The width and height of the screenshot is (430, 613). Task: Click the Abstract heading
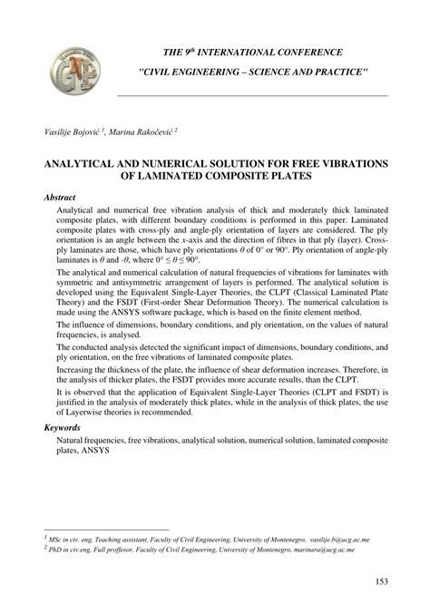pyautogui.click(x=59, y=197)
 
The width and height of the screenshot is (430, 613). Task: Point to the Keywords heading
pyautogui.click(x=62, y=425)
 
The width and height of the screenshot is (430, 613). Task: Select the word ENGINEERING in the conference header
pyautogui.click(x=220, y=72)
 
